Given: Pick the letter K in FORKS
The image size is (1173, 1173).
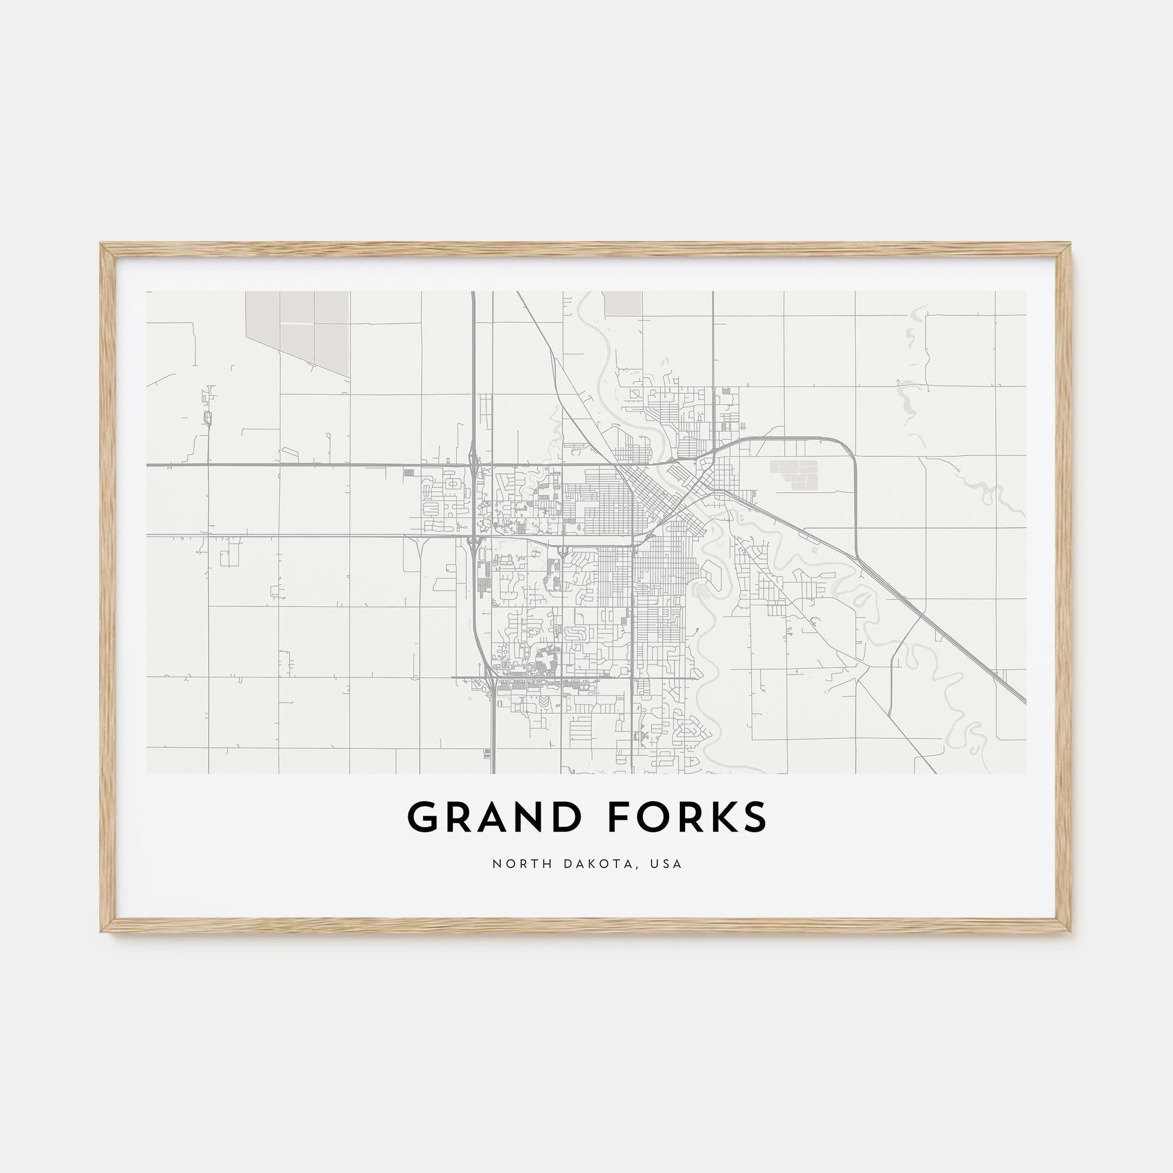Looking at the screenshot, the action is [719, 817].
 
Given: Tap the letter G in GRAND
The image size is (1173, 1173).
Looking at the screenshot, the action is [422, 817].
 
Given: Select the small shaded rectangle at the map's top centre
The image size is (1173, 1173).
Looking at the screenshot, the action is [623, 303].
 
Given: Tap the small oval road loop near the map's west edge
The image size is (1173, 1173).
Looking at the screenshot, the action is [209, 418].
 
